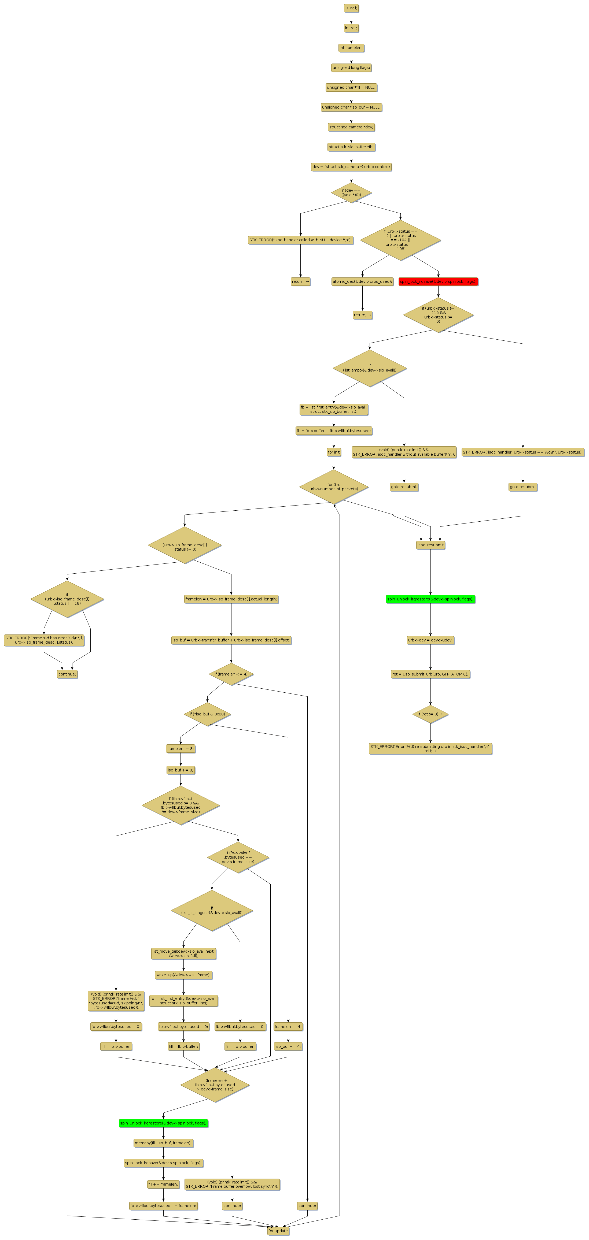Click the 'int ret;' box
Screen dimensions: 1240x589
[351, 28]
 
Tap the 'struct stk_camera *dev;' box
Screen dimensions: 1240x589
[351, 127]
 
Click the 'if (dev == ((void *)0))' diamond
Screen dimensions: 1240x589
[351, 192]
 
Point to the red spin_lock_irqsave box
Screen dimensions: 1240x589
[438, 282]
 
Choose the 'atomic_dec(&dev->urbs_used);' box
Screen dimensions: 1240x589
[362, 282]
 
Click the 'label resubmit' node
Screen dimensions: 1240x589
[430, 545]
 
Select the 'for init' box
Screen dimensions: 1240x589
[334, 452]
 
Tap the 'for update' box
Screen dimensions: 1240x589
[278, 1231]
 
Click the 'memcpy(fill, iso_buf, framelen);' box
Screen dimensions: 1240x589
[163, 1143]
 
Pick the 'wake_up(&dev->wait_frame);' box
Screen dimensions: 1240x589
[183, 975]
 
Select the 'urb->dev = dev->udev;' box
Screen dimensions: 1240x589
[430, 640]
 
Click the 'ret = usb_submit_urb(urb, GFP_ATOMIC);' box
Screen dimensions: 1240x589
[430, 674]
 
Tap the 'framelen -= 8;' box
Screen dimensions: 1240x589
[181, 748]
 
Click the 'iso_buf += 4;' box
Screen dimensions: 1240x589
[288, 1046]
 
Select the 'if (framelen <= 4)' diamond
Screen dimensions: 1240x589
[231, 674]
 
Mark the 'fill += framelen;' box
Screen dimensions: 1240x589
[163, 1184]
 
